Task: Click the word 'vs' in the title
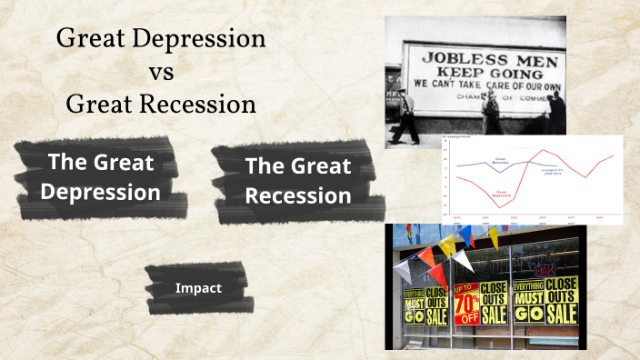click(x=160, y=72)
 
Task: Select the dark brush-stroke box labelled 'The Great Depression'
click(x=100, y=177)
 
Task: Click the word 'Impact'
click(x=198, y=288)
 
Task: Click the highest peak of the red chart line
click(x=544, y=150)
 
